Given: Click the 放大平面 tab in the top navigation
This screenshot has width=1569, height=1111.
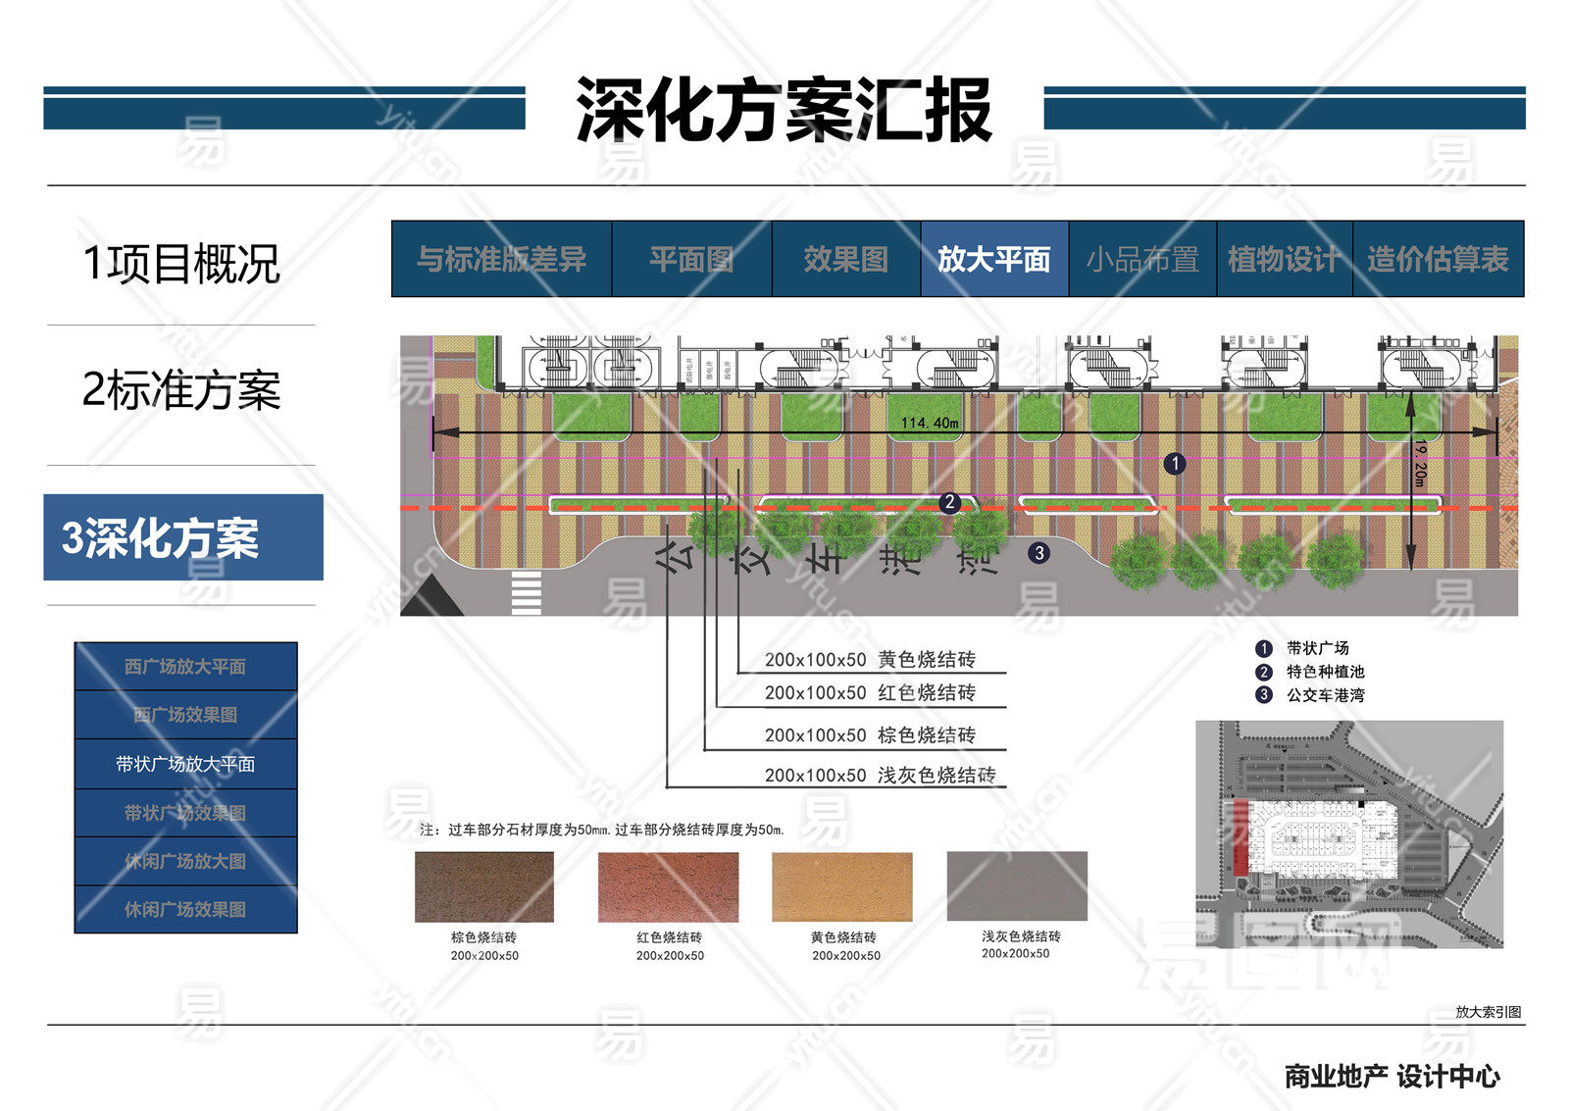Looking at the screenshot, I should [x=993, y=259].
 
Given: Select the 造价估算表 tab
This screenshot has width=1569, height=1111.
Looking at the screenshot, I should [x=1438, y=259].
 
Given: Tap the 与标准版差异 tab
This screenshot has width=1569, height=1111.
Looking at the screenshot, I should [x=501, y=259].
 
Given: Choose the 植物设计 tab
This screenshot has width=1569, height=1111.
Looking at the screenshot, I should [x=1284, y=259].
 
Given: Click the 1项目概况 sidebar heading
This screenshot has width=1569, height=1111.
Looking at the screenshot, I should [x=181, y=264].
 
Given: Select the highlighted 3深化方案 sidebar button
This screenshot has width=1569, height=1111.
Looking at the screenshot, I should [x=183, y=537].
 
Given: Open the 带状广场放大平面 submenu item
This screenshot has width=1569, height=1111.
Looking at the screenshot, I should [x=185, y=764].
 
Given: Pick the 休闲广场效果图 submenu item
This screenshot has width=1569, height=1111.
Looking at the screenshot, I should [x=185, y=909].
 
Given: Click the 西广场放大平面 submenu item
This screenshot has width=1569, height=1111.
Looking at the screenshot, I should [x=185, y=667].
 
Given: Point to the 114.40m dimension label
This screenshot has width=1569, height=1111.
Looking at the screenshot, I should [x=930, y=423].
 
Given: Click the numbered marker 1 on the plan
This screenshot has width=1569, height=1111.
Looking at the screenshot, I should [x=1175, y=464].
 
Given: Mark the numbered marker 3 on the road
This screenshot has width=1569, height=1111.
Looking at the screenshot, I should [x=1039, y=553].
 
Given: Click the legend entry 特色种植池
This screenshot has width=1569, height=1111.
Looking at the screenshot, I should [x=1325, y=672].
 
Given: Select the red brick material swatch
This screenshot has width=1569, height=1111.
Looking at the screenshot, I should [x=668, y=886].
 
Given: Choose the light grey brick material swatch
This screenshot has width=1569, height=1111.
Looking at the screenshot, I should [x=1017, y=885].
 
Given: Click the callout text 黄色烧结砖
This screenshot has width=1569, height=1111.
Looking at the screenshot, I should [x=926, y=659].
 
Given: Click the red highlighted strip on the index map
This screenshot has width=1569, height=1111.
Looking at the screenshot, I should [x=1240, y=836].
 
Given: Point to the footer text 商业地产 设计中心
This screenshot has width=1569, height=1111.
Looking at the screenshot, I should [x=1392, y=1077].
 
